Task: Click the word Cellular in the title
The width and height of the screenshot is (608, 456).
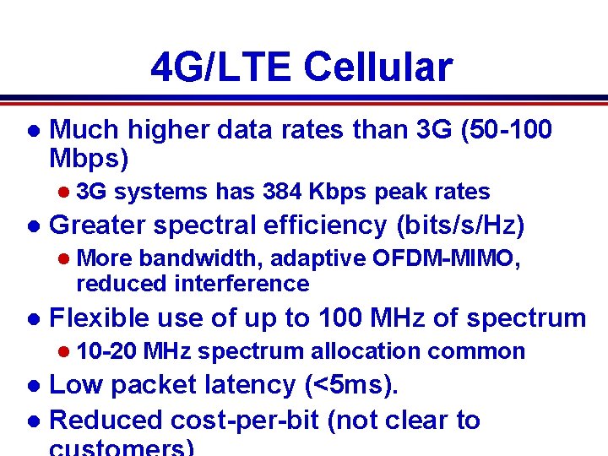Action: [x=377, y=67]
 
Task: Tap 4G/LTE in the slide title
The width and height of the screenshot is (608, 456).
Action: [x=221, y=67]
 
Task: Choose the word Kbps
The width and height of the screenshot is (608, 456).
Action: [x=337, y=192]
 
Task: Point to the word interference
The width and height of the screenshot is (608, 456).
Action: [x=242, y=283]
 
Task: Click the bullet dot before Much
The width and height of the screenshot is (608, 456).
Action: [x=32, y=131]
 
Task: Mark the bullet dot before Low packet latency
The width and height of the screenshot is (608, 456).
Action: [x=32, y=386]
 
